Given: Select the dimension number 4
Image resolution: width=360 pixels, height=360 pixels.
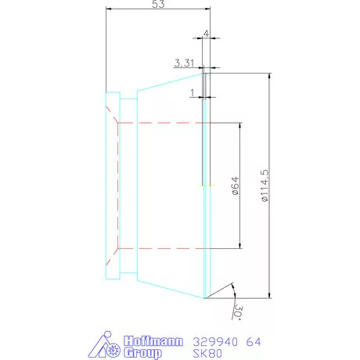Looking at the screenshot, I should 206,34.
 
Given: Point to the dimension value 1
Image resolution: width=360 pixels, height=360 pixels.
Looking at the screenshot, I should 193,92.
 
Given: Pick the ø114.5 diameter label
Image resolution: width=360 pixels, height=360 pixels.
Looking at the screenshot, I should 265,187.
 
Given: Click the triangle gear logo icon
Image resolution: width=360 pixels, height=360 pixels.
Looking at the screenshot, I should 104,347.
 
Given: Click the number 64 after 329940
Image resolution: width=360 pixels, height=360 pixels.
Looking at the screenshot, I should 232,342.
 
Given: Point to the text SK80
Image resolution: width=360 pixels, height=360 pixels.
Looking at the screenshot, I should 184,354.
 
